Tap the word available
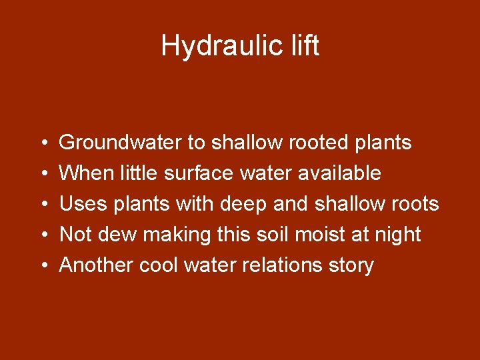coord(339,173)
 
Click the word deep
coord(249,204)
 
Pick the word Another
coord(97,265)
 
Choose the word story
coord(351,265)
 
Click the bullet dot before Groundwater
coord(43,143)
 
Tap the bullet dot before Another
coord(43,266)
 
